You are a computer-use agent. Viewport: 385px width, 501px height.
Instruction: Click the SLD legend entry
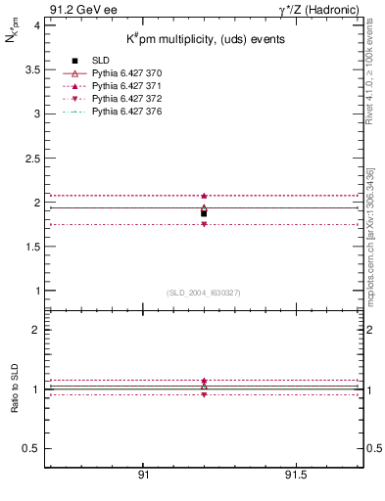(x=100, y=62)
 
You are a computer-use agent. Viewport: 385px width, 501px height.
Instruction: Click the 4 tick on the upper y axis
(x=37, y=25)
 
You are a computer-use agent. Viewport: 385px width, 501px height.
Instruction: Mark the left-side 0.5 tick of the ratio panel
(x=32, y=448)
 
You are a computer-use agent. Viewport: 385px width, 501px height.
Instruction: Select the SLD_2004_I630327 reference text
(x=204, y=293)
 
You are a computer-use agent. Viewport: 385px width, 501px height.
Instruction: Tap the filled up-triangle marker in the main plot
(x=204, y=196)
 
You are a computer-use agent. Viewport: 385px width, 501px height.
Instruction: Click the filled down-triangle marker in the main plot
(x=204, y=224)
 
